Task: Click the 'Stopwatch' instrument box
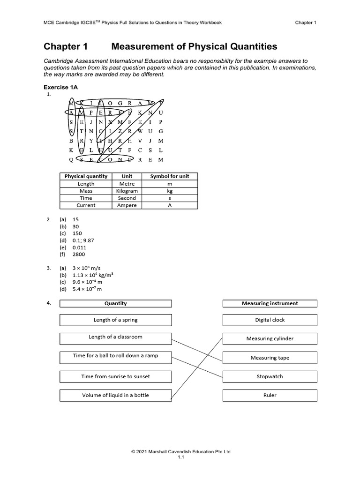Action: click(x=270, y=376)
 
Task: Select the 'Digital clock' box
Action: click(x=270, y=320)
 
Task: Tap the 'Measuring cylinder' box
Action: click(x=270, y=338)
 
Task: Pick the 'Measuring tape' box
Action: click(x=270, y=358)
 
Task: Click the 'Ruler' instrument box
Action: click(x=270, y=395)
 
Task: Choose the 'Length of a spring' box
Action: click(x=115, y=320)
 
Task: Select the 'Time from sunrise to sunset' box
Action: click(x=115, y=376)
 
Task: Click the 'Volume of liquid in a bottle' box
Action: click(x=115, y=395)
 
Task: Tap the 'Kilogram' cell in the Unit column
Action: click(x=127, y=191)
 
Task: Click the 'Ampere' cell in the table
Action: click(x=127, y=205)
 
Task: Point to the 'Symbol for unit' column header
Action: click(x=169, y=176)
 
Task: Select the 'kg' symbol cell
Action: click(x=169, y=191)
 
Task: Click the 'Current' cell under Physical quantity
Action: click(x=86, y=205)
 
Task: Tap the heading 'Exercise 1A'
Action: click(x=62, y=87)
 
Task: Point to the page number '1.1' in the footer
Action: click(x=180, y=458)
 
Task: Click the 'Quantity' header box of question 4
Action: click(x=115, y=303)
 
